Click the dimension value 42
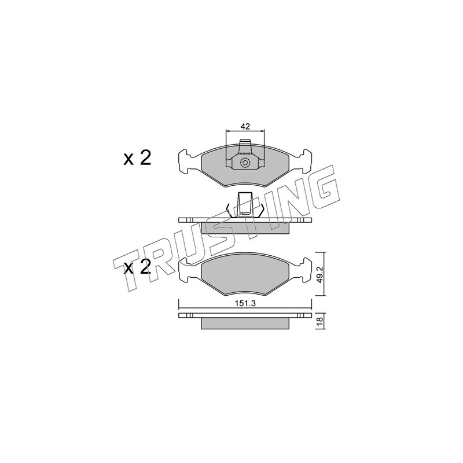tap(245, 126)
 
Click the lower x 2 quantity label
tap(137, 267)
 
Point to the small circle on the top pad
tap(245, 163)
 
